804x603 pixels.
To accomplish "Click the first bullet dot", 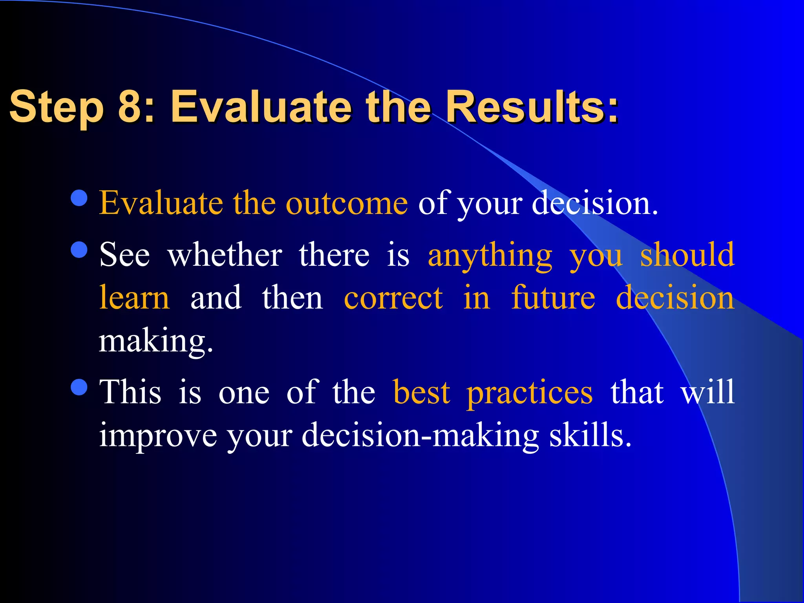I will click(79, 198).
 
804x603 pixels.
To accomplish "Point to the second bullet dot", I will click(79, 250).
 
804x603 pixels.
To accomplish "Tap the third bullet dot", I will click(79, 387).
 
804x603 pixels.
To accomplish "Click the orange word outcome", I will click(346, 203).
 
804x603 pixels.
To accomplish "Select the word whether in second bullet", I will click(225, 255).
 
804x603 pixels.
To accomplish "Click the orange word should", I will click(687, 255).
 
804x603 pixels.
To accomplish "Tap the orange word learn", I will click(134, 298).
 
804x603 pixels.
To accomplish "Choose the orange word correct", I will click(393, 298).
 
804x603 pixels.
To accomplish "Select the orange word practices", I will click(529, 393).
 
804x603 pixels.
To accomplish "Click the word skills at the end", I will click(590, 435).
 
